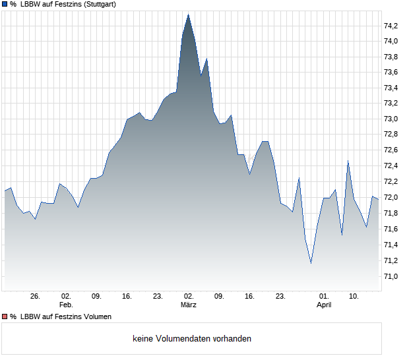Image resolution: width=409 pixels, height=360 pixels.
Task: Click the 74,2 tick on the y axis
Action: coord(391,26)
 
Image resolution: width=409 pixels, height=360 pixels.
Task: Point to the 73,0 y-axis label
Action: coord(391,119)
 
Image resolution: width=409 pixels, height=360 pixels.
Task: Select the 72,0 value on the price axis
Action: coord(391,198)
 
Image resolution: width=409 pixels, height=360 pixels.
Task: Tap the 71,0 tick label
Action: coord(391,276)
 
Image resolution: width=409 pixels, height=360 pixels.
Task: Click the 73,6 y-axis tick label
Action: coord(391,73)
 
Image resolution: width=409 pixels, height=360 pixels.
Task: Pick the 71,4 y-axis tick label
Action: coord(391,245)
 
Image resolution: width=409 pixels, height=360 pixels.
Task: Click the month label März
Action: coord(189,305)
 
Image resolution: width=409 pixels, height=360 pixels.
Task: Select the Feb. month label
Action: coord(66,305)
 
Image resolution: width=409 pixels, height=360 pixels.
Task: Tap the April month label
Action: coord(324,305)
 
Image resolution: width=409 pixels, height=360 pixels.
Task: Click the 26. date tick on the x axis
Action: coord(36,297)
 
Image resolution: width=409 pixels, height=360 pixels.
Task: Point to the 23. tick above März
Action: coord(158,297)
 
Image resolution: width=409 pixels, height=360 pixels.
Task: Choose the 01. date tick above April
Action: coord(323,297)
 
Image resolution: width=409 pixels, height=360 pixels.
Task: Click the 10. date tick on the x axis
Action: coord(354,297)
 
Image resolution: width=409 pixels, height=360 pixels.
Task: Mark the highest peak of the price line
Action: coord(188,14)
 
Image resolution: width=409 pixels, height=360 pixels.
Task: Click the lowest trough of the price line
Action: coord(311,263)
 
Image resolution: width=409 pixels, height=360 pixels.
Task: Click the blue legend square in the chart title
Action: coord(5,4)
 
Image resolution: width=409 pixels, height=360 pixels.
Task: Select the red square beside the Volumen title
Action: coord(5,317)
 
